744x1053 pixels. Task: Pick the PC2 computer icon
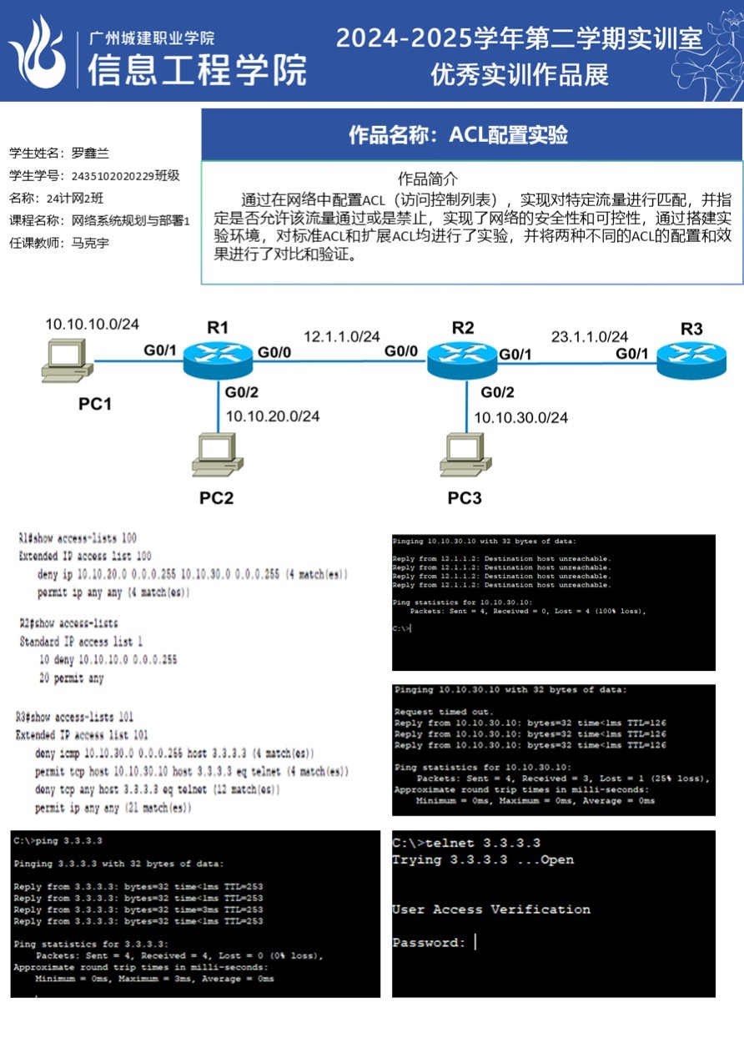pyautogui.click(x=217, y=455)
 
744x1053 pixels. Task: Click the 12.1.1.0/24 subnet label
pyautogui.click(x=342, y=336)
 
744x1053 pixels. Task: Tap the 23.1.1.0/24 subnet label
pyautogui.click(x=589, y=336)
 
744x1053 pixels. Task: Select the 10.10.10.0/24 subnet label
pyautogui.click(x=92, y=324)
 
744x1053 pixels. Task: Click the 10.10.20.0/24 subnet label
pyautogui.click(x=273, y=416)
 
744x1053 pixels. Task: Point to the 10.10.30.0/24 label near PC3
pyautogui.click(x=521, y=417)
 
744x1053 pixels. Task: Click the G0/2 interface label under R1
pyautogui.click(x=242, y=391)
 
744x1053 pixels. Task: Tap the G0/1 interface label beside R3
pyautogui.click(x=632, y=354)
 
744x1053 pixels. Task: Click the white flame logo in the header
pyautogui.click(x=38, y=52)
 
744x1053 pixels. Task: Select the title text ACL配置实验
pyautogui.click(x=508, y=134)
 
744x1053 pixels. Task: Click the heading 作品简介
pyautogui.click(x=428, y=179)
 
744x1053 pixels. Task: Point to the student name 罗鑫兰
pyautogui.click(x=90, y=154)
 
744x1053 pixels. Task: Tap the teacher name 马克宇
pyautogui.click(x=90, y=243)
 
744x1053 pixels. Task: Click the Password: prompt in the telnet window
pyautogui.click(x=429, y=943)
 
